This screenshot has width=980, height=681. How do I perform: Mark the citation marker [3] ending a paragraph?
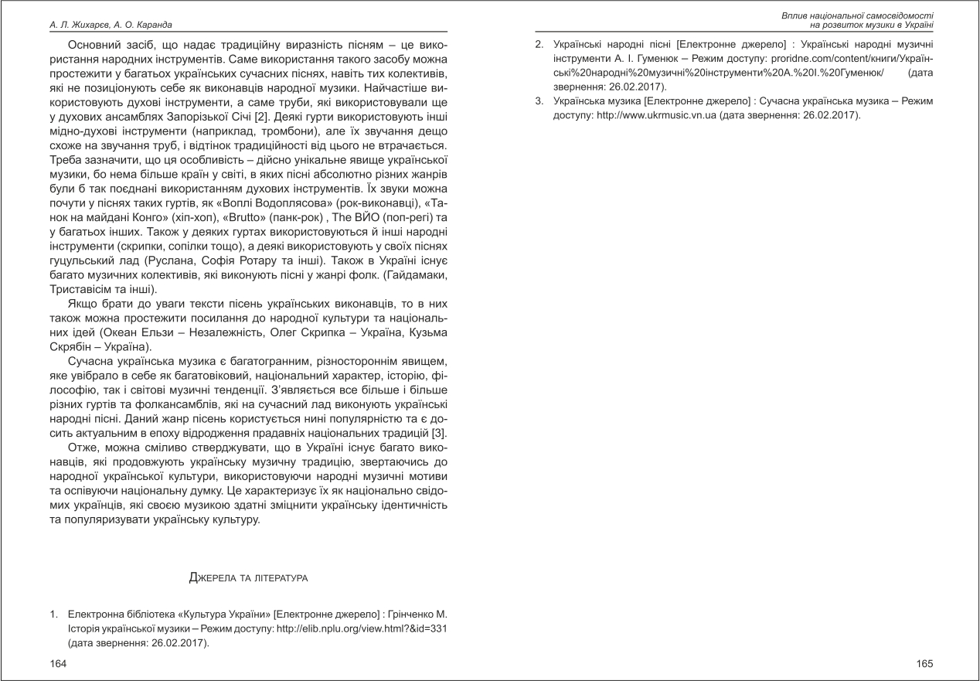coord(440,432)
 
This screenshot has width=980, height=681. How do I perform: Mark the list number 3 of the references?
coord(538,100)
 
